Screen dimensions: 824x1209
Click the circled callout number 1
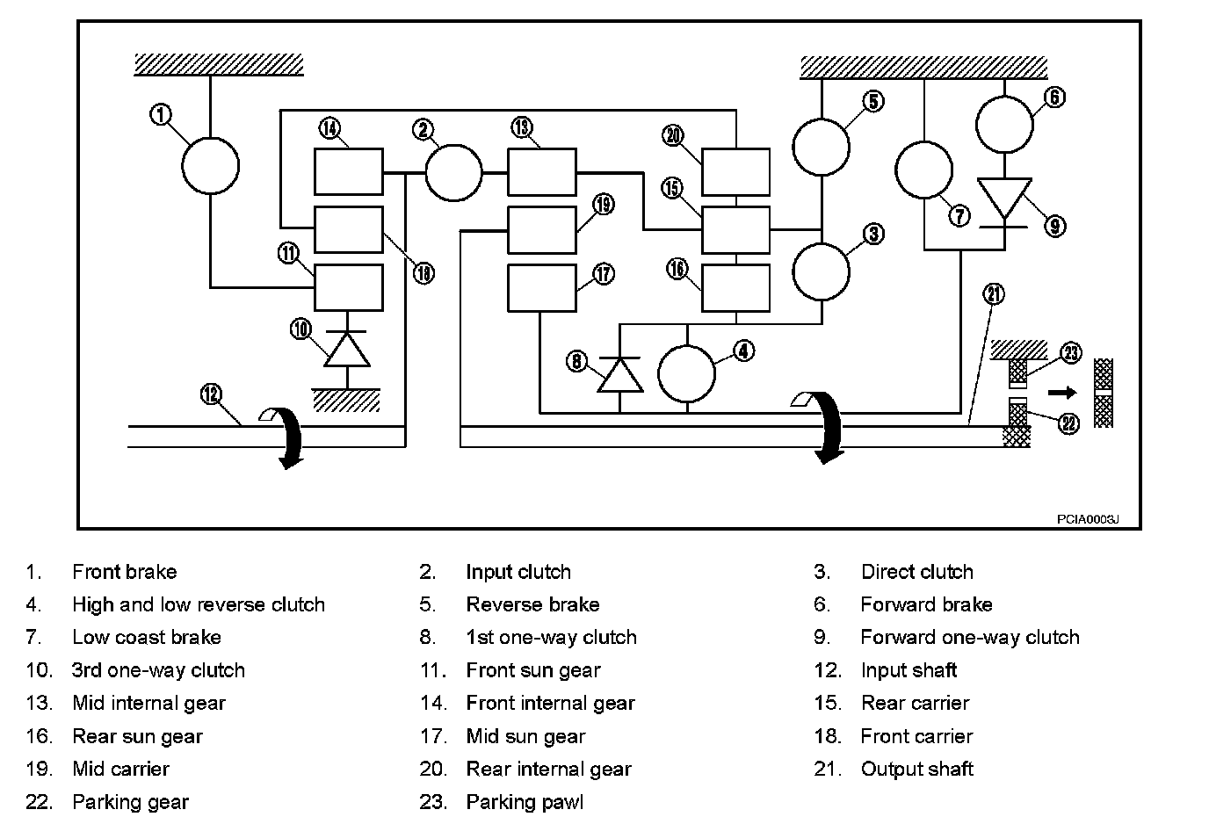tap(161, 115)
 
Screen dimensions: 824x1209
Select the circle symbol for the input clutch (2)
tap(453, 172)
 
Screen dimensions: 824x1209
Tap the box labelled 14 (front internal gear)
tap(349, 171)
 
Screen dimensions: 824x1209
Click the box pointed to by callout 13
tap(542, 171)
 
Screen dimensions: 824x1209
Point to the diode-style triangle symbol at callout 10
tap(348, 349)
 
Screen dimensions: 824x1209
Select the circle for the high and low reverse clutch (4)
tap(687, 372)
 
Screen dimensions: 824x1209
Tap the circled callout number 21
tap(994, 293)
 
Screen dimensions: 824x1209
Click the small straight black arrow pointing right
tap(1061, 393)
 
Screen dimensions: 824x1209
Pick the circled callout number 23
tap(1070, 353)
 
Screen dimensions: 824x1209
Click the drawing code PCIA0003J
tap(1087, 519)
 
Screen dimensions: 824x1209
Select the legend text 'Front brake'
tap(124, 572)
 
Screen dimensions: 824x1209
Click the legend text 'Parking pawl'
tap(525, 802)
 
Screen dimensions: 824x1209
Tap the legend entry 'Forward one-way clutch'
tap(969, 638)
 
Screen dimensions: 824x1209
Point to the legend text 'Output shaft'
tap(916, 770)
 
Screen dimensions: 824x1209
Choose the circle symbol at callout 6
tap(1004, 124)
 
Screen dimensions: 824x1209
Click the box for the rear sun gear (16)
tap(736, 287)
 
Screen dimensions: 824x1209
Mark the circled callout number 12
tap(211, 394)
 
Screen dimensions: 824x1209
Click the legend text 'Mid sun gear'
tap(525, 736)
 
